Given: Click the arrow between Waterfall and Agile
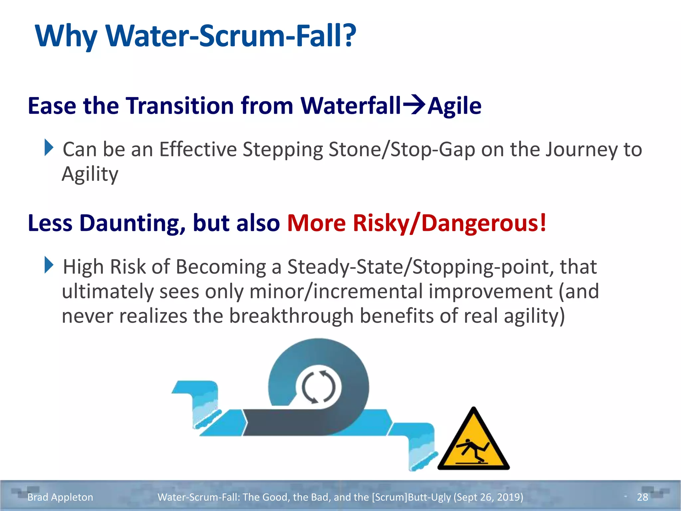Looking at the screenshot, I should point(414,105).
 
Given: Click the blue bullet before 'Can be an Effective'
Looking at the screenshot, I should point(49,148).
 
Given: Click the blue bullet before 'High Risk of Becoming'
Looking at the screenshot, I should point(49,265).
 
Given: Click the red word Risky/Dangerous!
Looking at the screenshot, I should point(450,223).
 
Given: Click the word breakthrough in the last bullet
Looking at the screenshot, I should point(291,316).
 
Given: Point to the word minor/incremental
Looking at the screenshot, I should point(336,291).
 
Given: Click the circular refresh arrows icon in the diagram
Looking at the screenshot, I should point(319,387).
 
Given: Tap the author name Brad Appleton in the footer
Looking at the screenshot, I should point(60,497).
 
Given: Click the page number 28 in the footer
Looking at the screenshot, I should point(642,497).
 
